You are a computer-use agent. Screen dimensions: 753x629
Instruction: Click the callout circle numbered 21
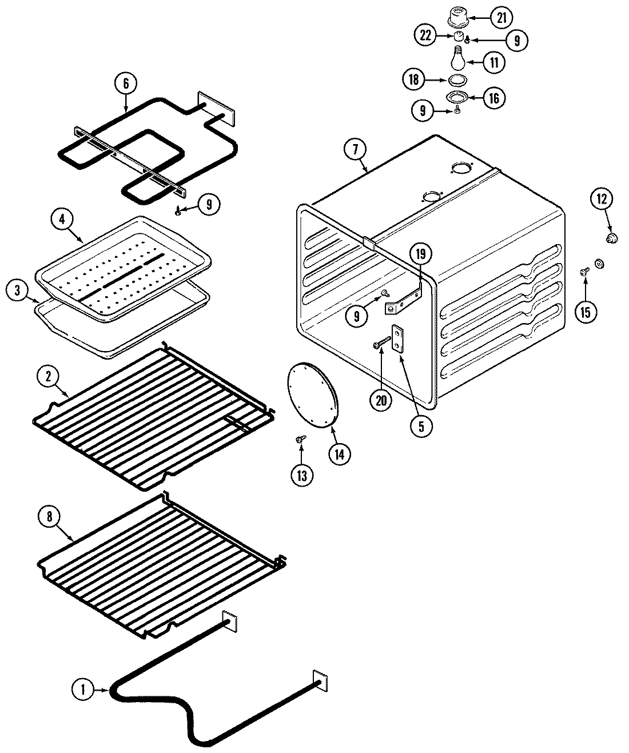(501, 17)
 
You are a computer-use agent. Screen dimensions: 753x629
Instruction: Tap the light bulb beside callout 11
(457, 58)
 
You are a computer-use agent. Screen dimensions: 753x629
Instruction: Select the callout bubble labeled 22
(424, 35)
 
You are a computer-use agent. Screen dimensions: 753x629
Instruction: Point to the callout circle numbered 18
(414, 79)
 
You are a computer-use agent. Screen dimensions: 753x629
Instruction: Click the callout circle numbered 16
(493, 98)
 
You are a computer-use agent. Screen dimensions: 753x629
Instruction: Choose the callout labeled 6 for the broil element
(126, 83)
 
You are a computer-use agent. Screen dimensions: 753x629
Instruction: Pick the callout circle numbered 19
(421, 253)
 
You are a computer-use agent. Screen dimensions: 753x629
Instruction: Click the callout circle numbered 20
(381, 400)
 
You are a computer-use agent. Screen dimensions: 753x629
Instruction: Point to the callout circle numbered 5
(421, 427)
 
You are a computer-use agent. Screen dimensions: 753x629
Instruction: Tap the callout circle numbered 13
(301, 475)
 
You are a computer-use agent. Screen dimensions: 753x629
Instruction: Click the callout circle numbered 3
(18, 290)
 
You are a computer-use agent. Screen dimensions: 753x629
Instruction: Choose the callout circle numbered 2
(49, 376)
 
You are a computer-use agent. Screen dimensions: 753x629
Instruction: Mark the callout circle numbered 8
(50, 516)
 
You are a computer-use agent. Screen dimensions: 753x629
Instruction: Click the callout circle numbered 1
(83, 690)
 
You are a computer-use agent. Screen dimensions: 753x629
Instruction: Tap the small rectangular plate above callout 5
(397, 338)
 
